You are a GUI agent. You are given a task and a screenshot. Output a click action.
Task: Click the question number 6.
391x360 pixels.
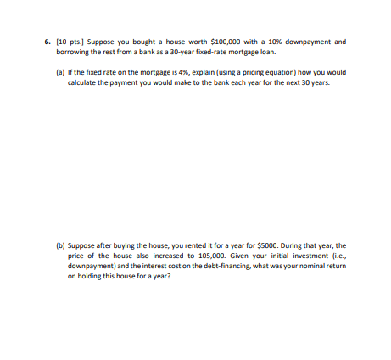[47, 41]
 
